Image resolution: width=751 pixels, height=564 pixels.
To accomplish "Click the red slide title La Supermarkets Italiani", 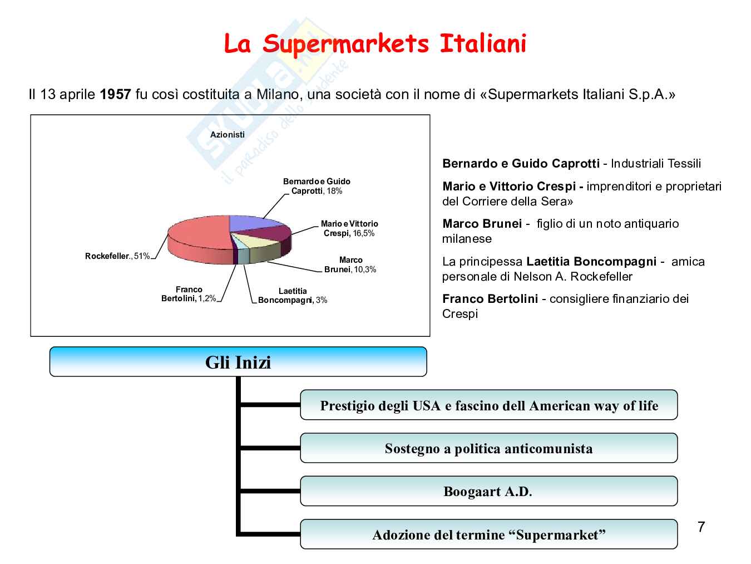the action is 374,44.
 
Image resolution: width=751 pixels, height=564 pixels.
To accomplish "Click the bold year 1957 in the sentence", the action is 115,94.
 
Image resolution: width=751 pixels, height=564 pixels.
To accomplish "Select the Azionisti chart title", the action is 227,135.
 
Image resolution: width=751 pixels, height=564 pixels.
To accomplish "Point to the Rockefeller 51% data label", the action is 117,256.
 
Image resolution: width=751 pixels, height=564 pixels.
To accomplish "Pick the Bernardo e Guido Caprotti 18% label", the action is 317,186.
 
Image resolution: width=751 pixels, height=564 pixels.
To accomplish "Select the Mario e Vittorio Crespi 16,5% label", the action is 349,228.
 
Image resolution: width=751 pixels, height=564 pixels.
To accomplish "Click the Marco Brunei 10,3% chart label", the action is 350,264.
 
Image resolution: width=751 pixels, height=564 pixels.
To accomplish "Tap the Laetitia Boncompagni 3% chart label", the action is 293,296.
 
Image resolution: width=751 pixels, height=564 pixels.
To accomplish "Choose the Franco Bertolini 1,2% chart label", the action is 189,294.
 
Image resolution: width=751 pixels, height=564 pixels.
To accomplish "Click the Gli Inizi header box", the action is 238,362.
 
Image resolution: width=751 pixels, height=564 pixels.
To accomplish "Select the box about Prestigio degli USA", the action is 489,405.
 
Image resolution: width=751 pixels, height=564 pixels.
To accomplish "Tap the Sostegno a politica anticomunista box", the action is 489,448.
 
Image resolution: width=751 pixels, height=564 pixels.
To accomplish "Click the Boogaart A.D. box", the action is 489,491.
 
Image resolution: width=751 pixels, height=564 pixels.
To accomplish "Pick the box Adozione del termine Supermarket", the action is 489,534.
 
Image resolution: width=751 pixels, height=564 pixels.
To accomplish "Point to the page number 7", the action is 701,527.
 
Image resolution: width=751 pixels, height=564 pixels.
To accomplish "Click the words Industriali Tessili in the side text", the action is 656,164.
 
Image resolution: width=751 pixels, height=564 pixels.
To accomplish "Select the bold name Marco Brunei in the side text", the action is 482,224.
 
